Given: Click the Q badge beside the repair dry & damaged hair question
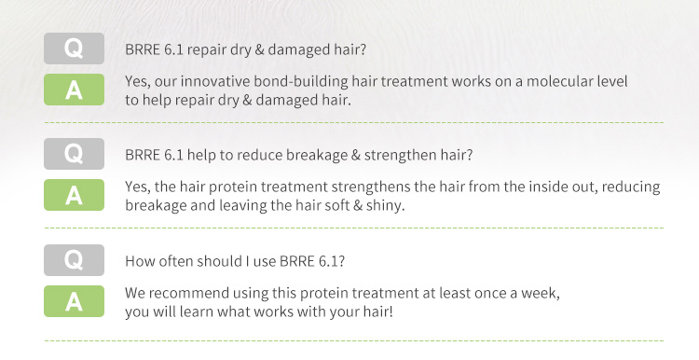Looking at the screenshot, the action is pos(74,48).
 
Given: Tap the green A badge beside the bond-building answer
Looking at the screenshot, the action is pos(74,90).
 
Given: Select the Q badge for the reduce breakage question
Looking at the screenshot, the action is pos(74,154).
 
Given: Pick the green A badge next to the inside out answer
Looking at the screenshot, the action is pos(74,195).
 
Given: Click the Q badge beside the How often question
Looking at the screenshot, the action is pos(74,260).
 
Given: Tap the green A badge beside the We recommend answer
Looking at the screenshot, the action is pos(74,301).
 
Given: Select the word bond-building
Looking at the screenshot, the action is pos(301,82).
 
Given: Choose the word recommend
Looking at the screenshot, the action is pos(188,294).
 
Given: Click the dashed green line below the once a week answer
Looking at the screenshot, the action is pos(354,340).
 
